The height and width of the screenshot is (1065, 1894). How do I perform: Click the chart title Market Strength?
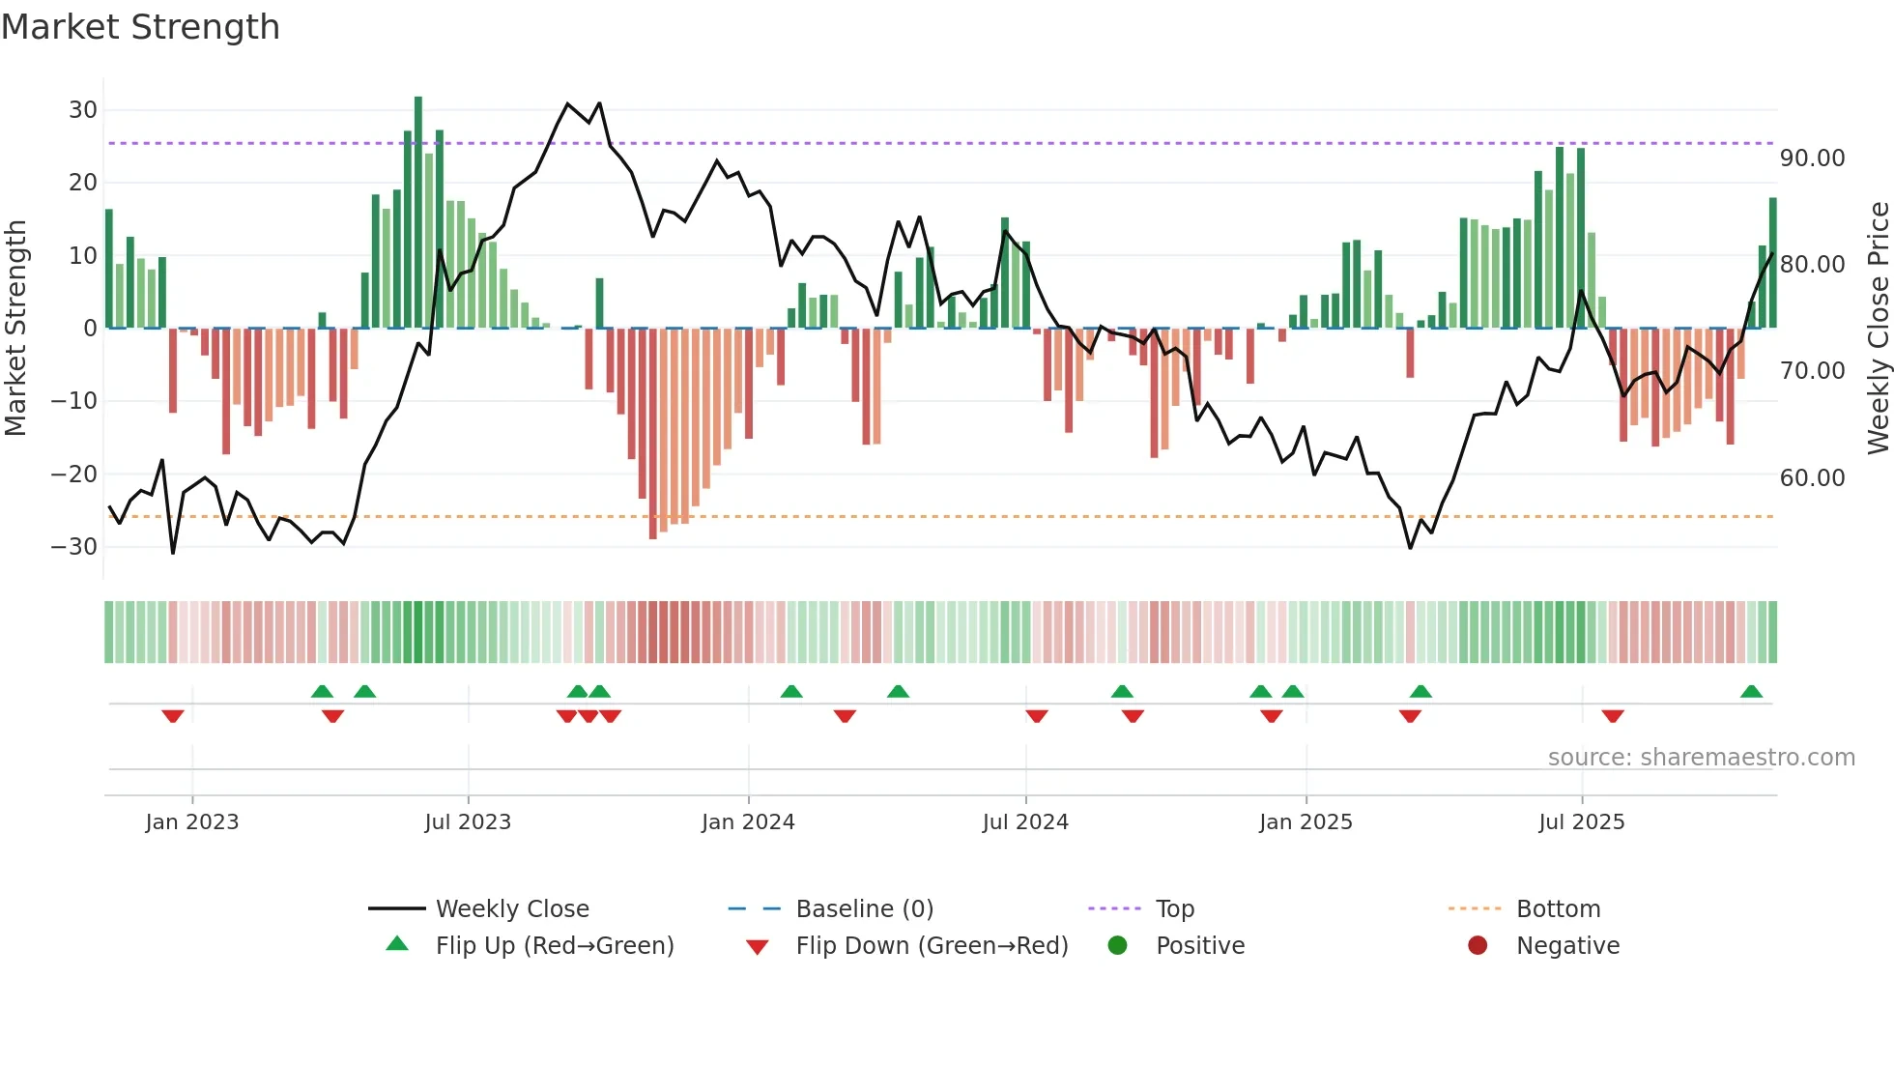pos(140,27)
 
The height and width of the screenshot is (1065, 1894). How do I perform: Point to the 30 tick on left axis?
pos(82,110)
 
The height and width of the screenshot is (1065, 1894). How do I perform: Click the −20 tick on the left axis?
pos(74,474)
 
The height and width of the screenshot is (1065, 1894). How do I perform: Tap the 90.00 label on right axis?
pos(1812,158)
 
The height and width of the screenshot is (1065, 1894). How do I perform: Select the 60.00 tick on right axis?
pos(1812,478)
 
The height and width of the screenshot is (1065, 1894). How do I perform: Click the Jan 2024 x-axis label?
pos(748,822)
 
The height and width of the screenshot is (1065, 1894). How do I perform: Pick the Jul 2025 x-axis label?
pos(1581,822)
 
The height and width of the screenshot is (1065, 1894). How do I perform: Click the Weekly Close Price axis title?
pos(1878,329)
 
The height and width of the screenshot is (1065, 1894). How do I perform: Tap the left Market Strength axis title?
pos(16,329)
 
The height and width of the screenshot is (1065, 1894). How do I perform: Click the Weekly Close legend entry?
pos(511,909)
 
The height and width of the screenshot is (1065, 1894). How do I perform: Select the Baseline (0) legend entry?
pos(864,909)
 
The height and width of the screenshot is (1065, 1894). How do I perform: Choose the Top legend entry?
pos(1174,909)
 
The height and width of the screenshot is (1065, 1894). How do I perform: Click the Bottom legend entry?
pos(1558,909)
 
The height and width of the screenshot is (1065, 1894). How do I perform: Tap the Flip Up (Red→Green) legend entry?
pos(554,946)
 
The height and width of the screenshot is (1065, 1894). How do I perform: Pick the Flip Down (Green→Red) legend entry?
pos(932,946)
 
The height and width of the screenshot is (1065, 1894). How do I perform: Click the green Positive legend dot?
pos(1117,946)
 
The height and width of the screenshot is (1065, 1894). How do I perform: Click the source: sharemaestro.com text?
pos(1701,758)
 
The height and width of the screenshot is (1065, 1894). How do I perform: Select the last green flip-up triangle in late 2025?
pos(1751,691)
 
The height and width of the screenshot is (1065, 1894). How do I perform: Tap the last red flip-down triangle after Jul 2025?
pos(1612,716)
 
